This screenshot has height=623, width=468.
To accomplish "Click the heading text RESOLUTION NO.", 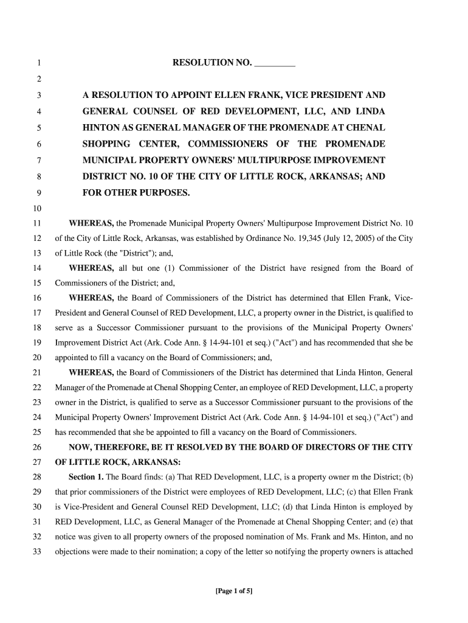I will (x=212, y=63).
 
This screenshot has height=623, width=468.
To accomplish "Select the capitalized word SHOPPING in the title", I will (x=106, y=144).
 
